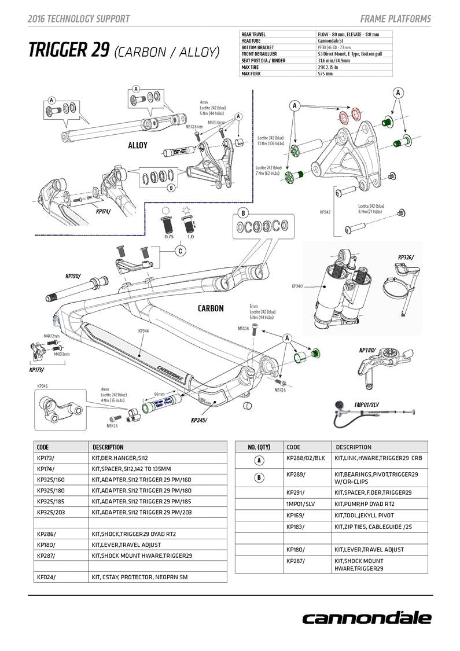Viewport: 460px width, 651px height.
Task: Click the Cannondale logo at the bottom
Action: (366, 617)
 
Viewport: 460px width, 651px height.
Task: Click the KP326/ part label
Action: (406, 258)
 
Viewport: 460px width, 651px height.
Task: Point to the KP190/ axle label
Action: (73, 277)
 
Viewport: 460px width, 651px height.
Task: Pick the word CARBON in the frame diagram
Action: (210, 308)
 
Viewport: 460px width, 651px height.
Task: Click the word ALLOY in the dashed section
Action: (138, 145)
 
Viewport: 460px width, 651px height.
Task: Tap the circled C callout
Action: (181, 251)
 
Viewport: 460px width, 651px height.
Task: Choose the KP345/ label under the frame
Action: (198, 420)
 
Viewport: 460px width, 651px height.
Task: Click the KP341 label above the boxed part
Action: (42, 386)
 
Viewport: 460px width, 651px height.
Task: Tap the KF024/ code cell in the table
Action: (46, 577)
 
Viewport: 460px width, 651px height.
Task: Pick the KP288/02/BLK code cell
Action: (306, 458)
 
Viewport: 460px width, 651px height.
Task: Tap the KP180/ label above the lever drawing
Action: (367, 350)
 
